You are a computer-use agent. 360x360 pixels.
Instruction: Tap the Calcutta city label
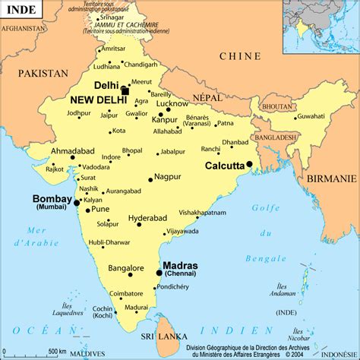224,166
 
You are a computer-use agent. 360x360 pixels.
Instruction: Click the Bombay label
52,199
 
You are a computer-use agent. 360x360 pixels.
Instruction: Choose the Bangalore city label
125,268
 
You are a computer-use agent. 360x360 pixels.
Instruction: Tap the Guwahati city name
311,116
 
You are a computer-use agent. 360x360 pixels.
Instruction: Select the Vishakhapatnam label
203,213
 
